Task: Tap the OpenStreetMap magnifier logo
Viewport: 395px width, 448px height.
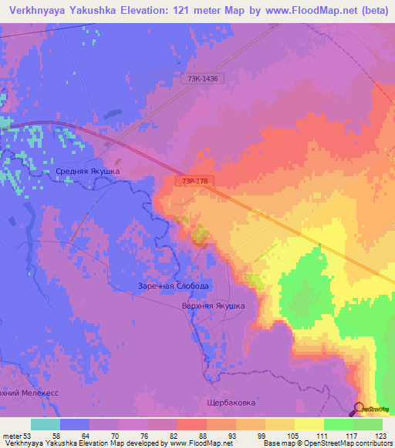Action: (360, 409)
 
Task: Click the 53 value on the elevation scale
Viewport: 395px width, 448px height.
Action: (31, 436)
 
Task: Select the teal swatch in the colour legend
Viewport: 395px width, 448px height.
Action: (46, 424)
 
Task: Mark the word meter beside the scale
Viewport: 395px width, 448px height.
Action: (12, 436)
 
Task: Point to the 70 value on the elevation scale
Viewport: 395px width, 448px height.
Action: (118, 436)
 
